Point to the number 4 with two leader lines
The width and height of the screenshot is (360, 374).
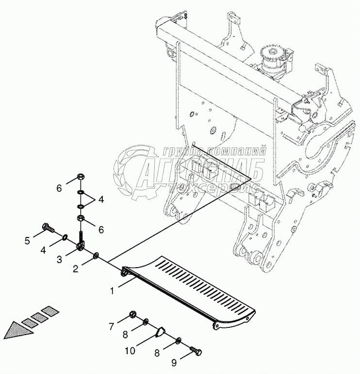pyautogui.click(x=101, y=199)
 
